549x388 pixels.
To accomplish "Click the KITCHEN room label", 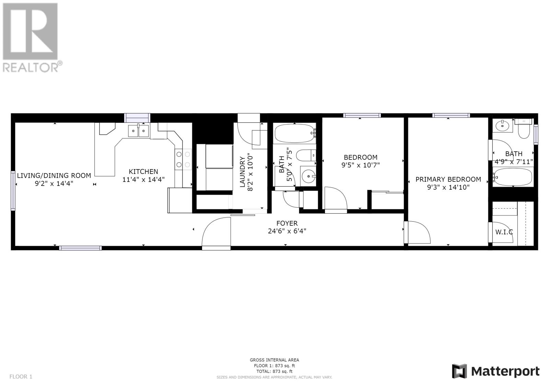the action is pos(143,172).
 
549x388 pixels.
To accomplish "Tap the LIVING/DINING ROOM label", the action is pos(54,176).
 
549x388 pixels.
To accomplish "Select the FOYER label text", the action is pos(287,223).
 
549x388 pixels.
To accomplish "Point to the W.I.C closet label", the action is pos(504,232).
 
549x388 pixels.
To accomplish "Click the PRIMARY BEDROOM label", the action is pos(448,179).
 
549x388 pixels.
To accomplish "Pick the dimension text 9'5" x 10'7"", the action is pos(361,165).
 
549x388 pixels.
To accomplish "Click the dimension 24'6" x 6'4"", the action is pos(287,231).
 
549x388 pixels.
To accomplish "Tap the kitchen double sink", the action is pos(138,131).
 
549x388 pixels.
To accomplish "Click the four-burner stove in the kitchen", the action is pos(183,159).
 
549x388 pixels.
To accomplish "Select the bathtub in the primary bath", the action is pos(513,177).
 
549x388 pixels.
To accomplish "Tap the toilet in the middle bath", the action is pos(306,155).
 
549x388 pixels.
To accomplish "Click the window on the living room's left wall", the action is pos(13,190).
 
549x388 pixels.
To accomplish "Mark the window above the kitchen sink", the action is pos(137,118).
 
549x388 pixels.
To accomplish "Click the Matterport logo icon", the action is pos(459,371).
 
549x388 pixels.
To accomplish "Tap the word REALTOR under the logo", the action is pos(31,67).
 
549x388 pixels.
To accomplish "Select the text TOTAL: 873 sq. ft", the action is pos(274,371).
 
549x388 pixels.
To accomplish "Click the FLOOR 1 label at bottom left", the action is pos(21,376).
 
